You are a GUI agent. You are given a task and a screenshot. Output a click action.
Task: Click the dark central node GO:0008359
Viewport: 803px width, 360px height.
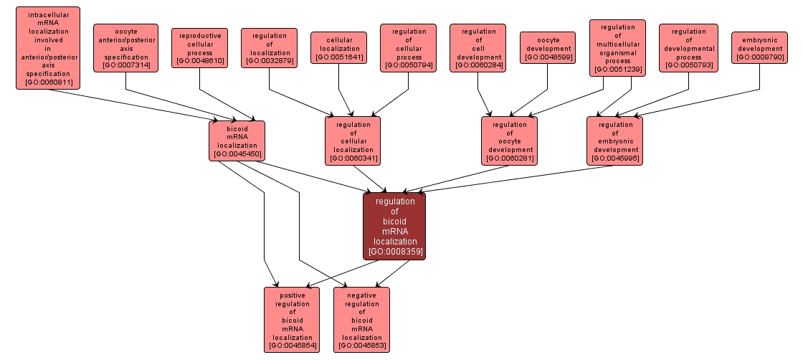pyautogui.click(x=394, y=226)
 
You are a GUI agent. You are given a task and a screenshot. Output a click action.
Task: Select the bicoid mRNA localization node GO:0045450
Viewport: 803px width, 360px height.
pyautogui.click(x=237, y=141)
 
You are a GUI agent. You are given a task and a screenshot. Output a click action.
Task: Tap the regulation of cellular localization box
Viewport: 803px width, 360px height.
pyautogui.click(x=353, y=141)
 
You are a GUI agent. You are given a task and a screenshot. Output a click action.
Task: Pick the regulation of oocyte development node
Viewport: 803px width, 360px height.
pyautogui.click(x=509, y=141)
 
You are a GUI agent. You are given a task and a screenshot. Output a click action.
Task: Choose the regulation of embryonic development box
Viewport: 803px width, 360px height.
pyautogui.click(x=614, y=141)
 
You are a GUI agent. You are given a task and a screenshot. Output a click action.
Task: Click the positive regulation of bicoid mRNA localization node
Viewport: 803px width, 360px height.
pyautogui.click(x=292, y=319)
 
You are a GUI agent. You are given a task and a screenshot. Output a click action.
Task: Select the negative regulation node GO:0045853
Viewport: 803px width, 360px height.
pyautogui.click(x=361, y=319)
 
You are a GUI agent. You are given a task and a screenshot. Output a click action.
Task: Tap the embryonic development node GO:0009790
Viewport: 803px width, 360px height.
pyautogui.click(x=759, y=47)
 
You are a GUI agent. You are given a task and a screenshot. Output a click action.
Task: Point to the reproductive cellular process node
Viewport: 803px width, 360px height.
pyautogui.click(x=200, y=47)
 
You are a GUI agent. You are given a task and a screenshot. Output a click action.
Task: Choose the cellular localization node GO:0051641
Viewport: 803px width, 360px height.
pyautogui.click(x=338, y=47)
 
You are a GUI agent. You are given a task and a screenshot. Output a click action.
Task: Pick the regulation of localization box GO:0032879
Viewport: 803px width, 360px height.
pyautogui.click(x=269, y=47)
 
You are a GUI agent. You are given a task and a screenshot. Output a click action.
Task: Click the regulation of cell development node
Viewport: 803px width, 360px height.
pyautogui.click(x=478, y=47)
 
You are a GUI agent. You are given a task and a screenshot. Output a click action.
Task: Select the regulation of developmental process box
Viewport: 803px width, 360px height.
pyautogui.click(x=688, y=47)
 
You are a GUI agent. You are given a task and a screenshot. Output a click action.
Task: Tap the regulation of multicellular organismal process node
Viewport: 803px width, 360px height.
pyautogui.click(x=617, y=47)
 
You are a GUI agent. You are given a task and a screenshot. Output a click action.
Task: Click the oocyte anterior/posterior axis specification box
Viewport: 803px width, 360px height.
pyautogui.click(x=125, y=47)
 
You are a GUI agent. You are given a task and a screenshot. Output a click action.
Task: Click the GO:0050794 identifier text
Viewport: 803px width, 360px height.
pyautogui.click(x=408, y=65)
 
